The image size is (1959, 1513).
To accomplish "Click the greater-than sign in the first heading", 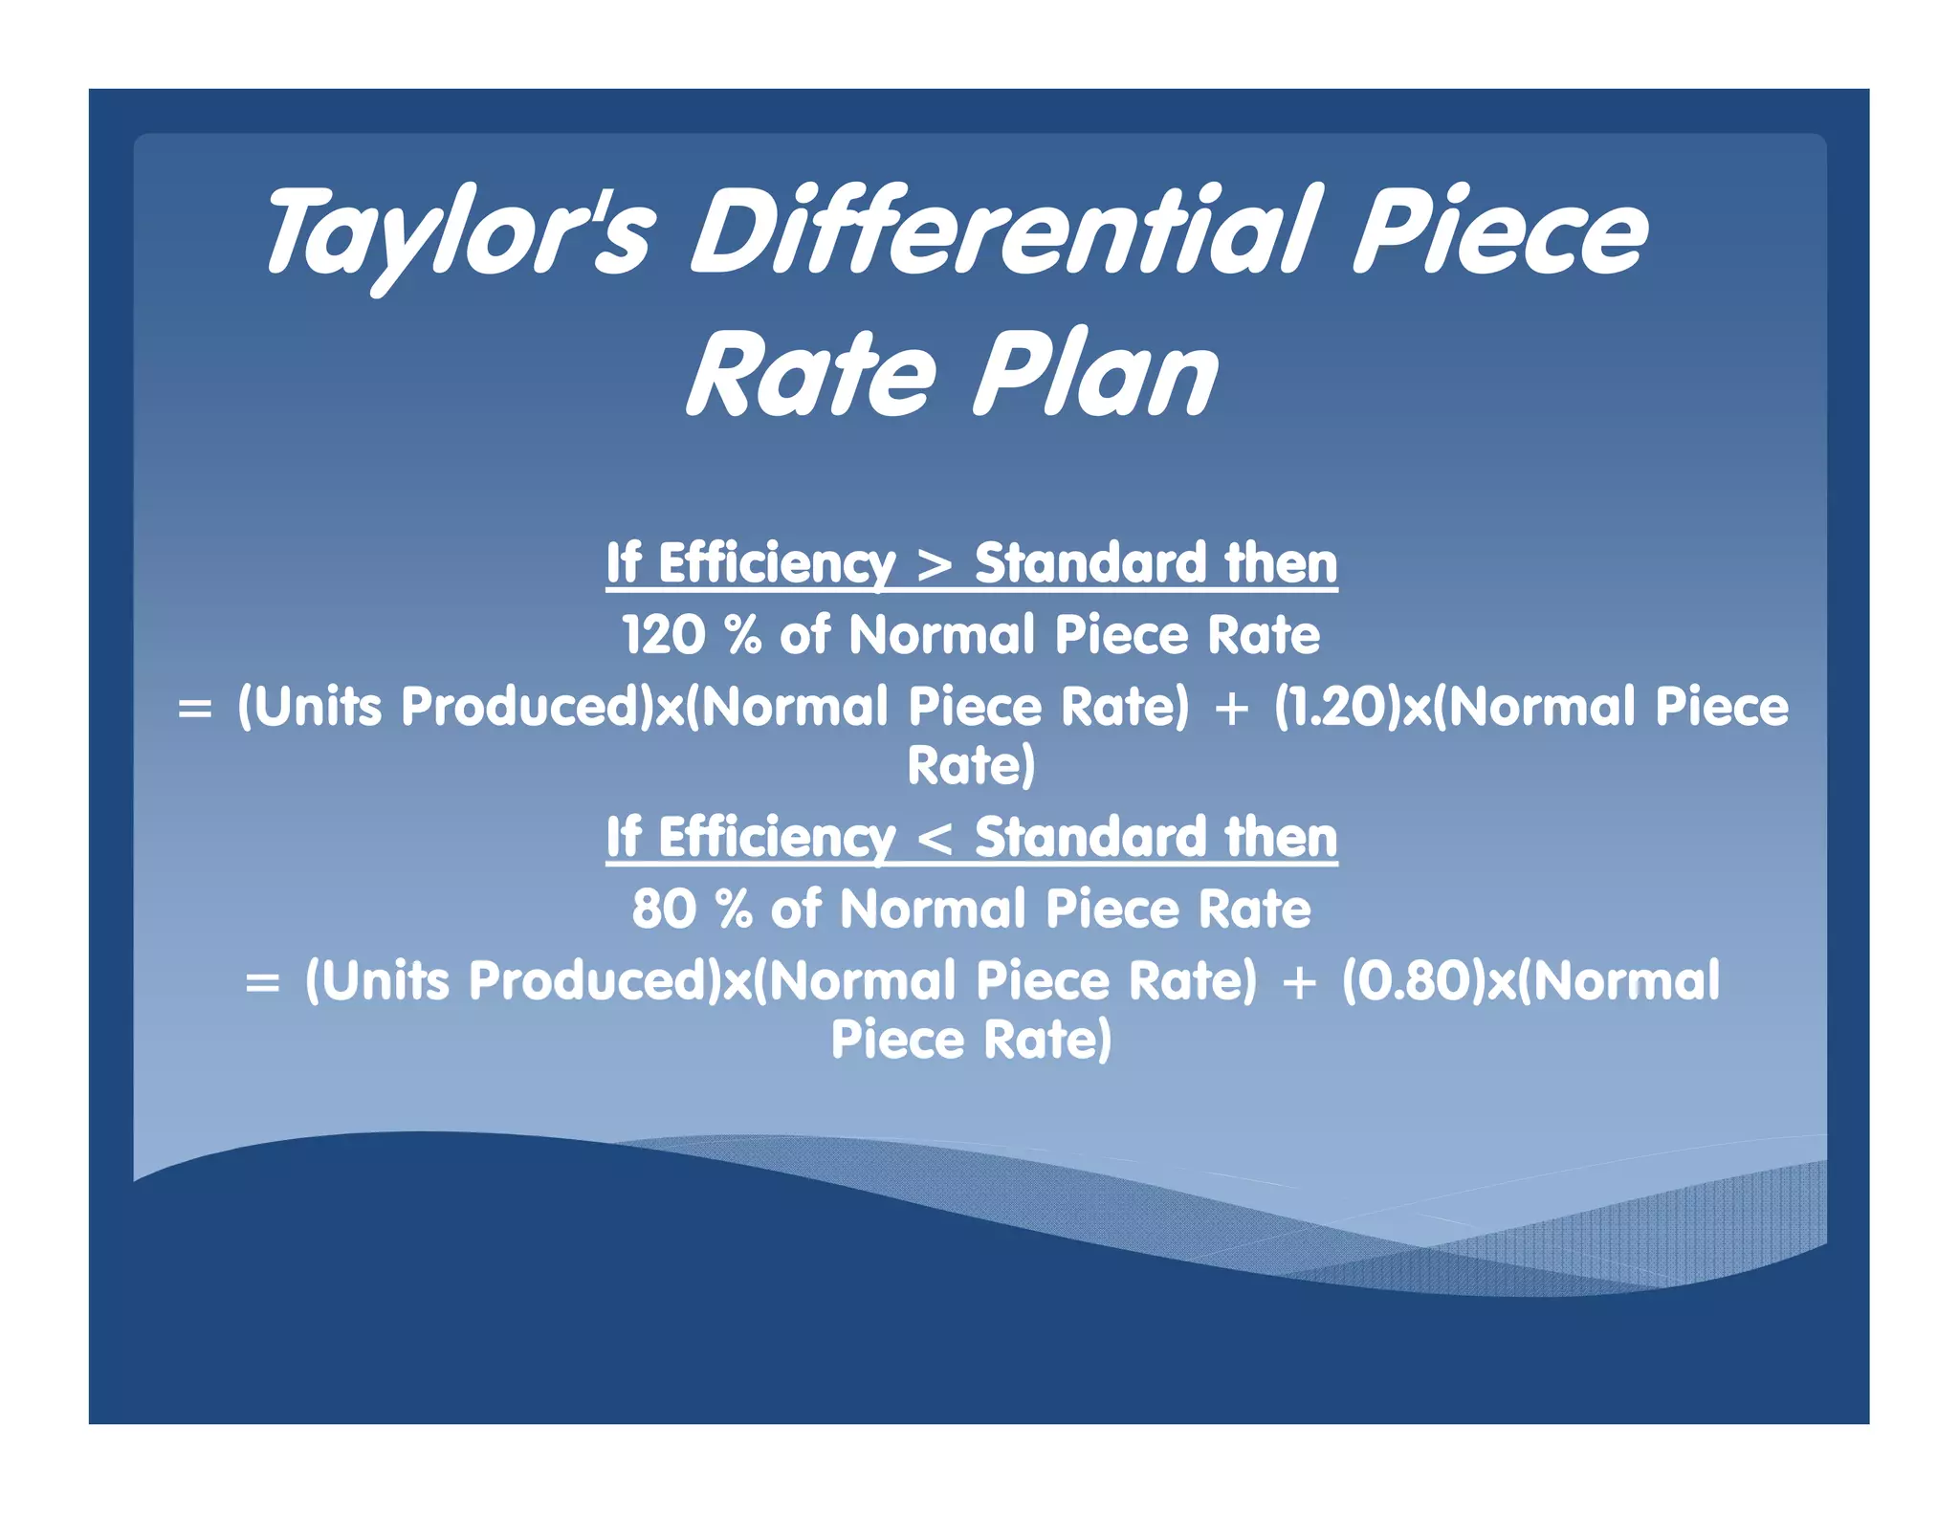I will tap(935, 564).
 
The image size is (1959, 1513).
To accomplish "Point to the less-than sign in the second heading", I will tap(935, 839).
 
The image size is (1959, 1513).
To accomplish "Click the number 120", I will tap(663, 635).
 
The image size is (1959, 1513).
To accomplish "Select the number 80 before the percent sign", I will tap(664, 910).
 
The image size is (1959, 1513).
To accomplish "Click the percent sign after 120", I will tap(743, 635).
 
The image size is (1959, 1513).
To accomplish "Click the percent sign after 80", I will tap(735, 910).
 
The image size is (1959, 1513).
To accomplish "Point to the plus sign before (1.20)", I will tap(1231, 710).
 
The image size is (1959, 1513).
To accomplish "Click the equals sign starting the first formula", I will tap(195, 710).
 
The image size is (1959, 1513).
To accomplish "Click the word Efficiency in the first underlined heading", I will tap(777, 563).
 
